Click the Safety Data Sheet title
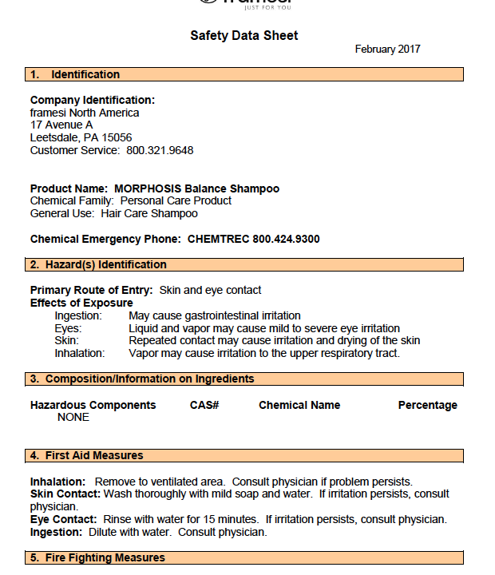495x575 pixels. (244, 36)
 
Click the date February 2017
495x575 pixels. (387, 50)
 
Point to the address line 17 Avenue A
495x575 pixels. (61, 125)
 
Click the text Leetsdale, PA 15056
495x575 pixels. (81, 137)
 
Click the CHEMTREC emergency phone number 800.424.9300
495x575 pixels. (287, 239)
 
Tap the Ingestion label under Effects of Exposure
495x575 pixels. (78, 316)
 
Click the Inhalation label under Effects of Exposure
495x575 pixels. (80, 353)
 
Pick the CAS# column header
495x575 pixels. (204, 405)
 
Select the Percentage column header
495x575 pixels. (428, 405)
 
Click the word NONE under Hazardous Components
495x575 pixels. (73, 417)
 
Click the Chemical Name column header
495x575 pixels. (299, 405)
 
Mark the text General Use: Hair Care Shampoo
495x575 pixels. (114, 213)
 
